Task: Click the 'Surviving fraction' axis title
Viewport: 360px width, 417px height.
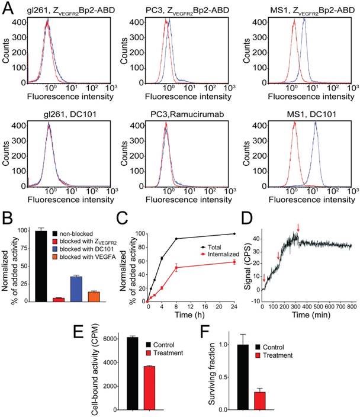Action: pyautogui.click(x=212, y=373)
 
